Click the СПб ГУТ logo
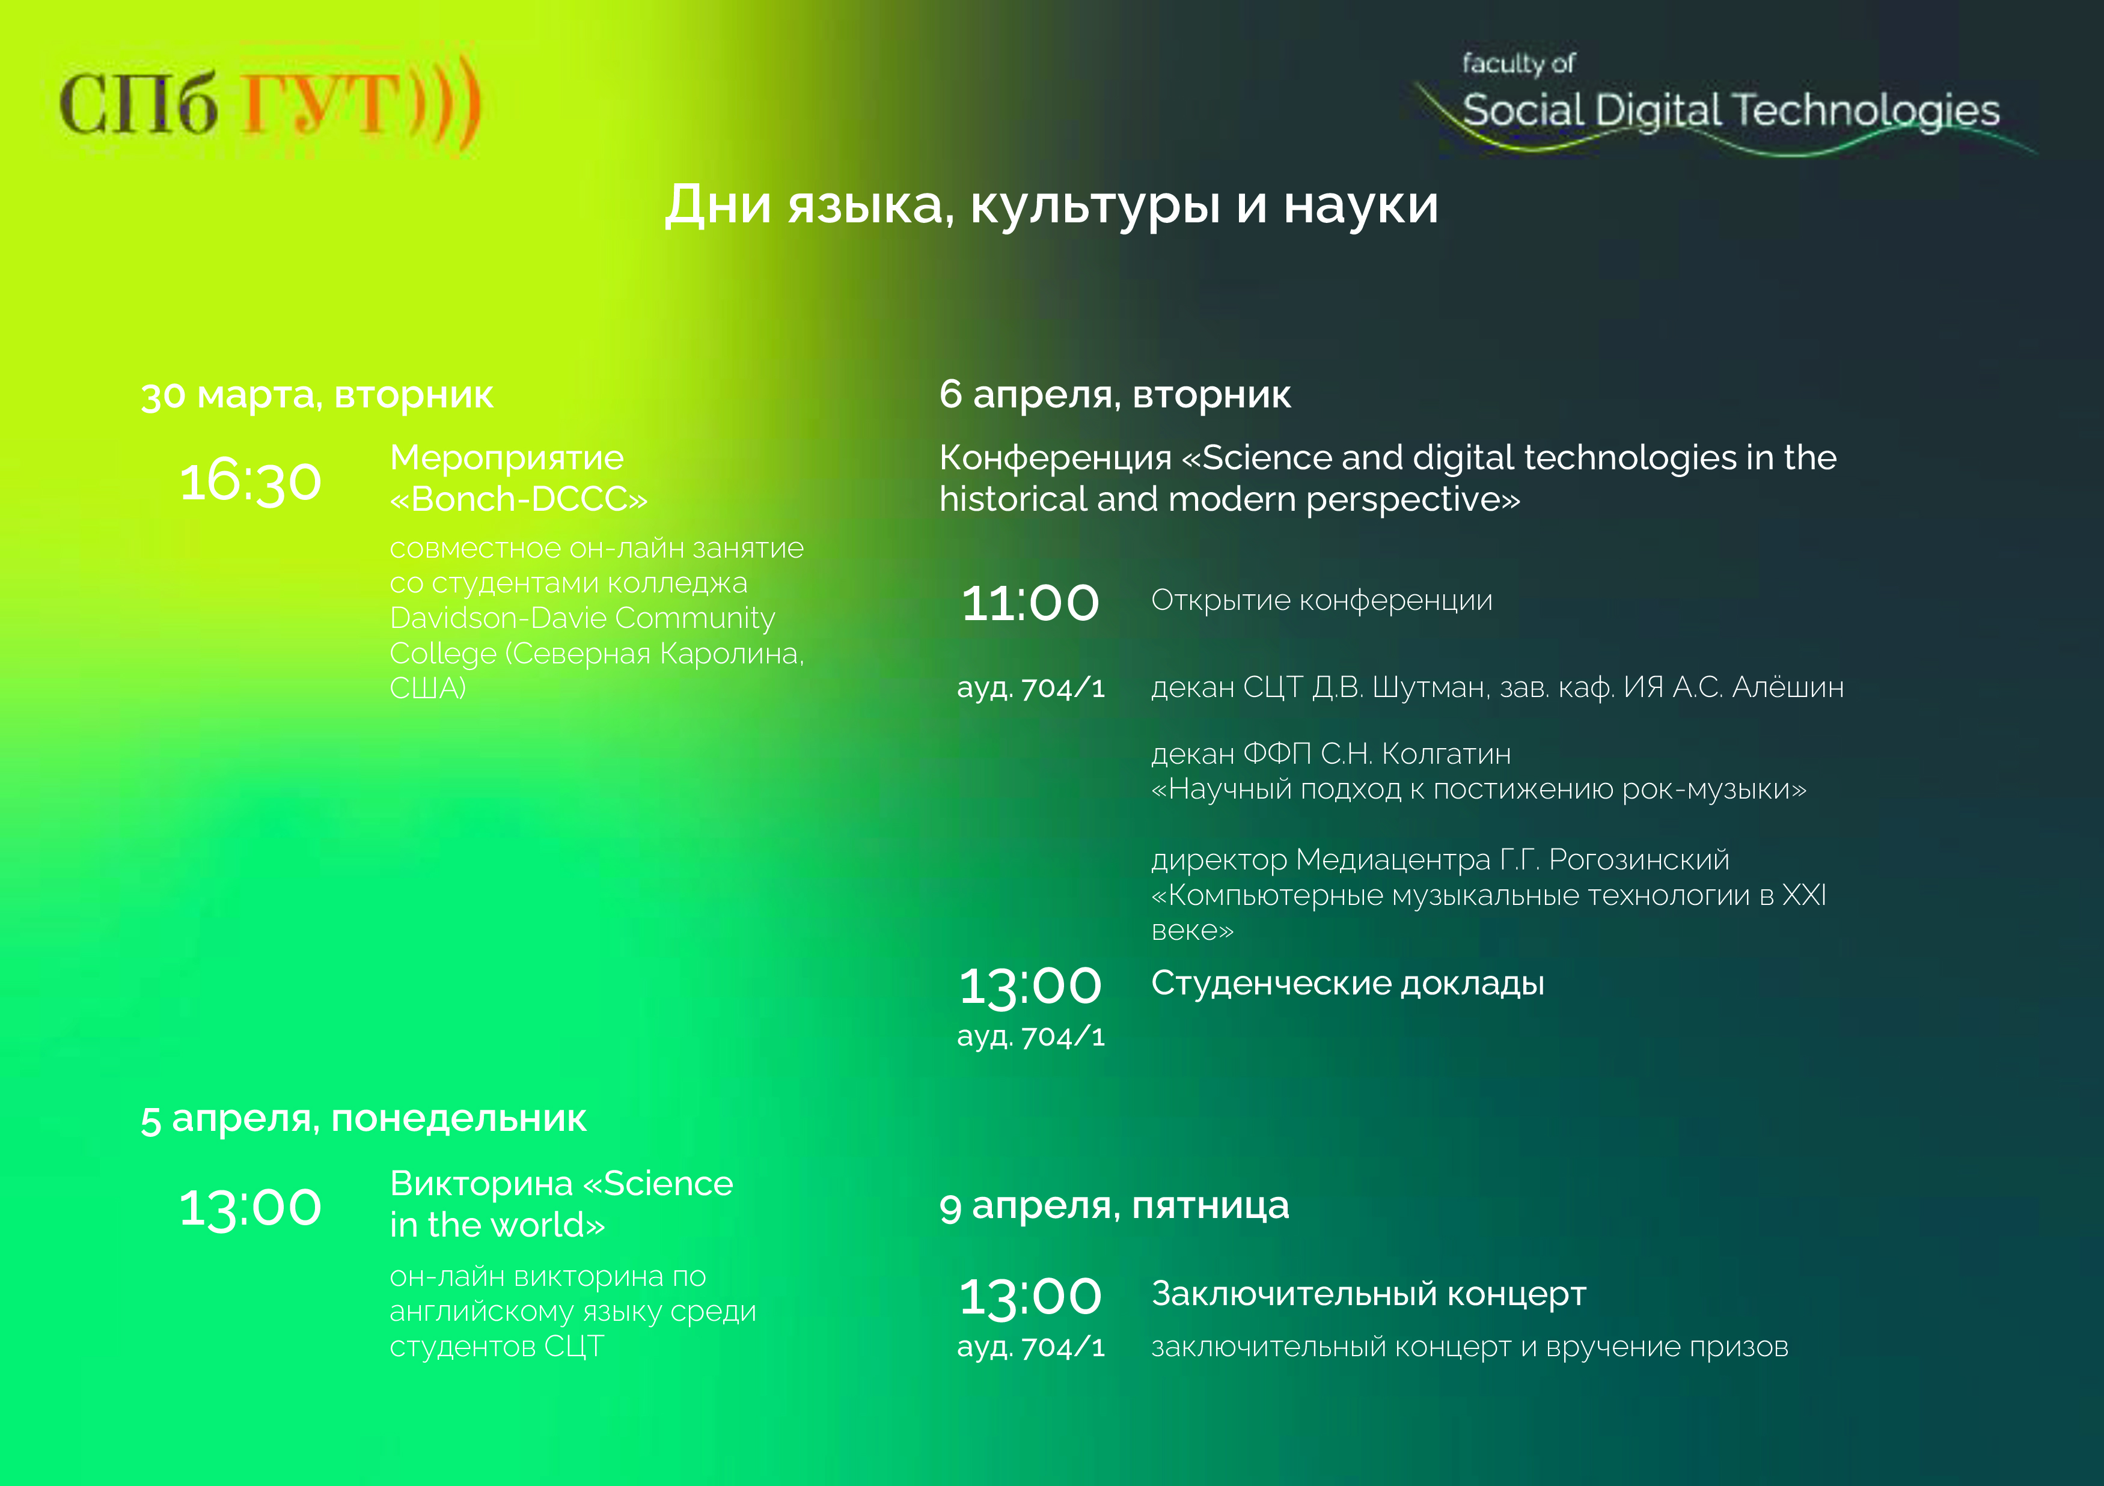pos(271,103)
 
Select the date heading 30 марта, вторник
pos(317,395)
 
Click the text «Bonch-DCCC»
pos(519,499)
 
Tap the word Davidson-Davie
pos(498,618)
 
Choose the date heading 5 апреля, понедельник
pos(364,1119)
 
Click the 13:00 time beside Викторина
pos(250,1208)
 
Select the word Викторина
pos(481,1184)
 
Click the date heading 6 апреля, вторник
pos(1115,395)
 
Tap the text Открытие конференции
pos(1321,600)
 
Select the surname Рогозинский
pos(1639,860)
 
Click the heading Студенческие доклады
pos(1348,984)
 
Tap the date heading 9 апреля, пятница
pos(1115,1205)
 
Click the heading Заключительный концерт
pos(1368,1294)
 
